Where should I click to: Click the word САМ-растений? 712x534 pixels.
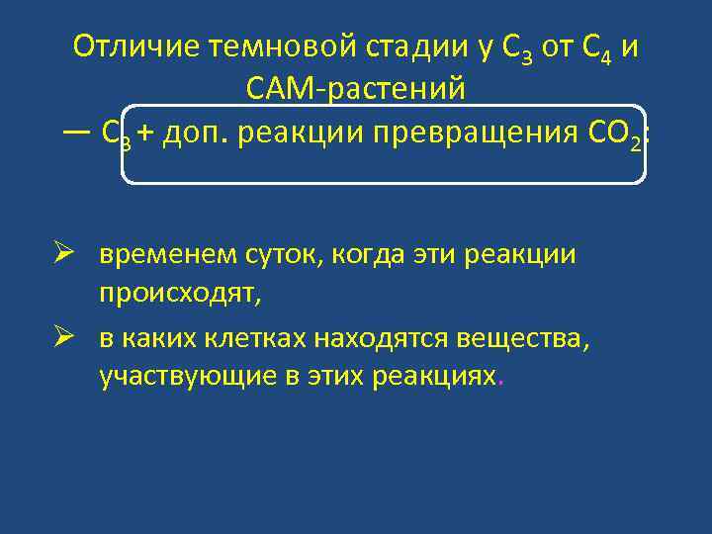click(355, 90)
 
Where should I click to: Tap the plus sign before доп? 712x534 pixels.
click(146, 133)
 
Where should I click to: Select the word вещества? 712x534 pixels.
click(523, 339)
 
